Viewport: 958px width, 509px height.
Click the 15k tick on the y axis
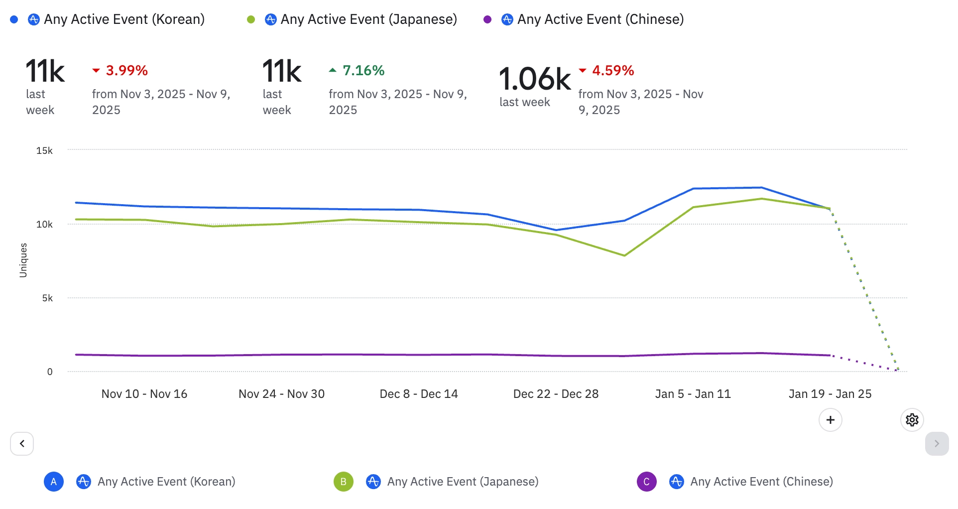coord(44,150)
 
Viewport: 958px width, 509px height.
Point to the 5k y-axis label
coord(47,298)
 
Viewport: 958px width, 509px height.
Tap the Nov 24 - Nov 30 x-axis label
coord(281,394)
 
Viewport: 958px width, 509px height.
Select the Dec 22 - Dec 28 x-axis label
coord(556,394)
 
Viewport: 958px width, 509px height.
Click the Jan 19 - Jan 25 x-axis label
coord(830,394)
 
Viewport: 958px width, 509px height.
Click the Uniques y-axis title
coord(23,260)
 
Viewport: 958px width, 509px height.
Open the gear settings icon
coord(912,420)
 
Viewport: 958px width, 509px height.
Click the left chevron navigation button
coord(22,444)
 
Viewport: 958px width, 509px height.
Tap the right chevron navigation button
coord(937,444)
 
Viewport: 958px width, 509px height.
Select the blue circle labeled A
coord(54,482)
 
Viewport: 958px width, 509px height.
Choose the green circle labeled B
coord(344,482)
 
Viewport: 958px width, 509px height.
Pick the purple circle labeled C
coord(646,482)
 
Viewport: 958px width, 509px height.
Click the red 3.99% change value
coord(126,71)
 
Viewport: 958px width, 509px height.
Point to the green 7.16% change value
coord(363,71)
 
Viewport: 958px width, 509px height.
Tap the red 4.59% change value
coord(612,71)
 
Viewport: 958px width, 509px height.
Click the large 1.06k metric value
coord(535,79)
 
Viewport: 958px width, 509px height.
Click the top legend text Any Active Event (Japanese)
coord(368,19)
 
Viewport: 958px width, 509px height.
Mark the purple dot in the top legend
coord(487,19)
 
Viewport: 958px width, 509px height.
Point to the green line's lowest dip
coord(624,255)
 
